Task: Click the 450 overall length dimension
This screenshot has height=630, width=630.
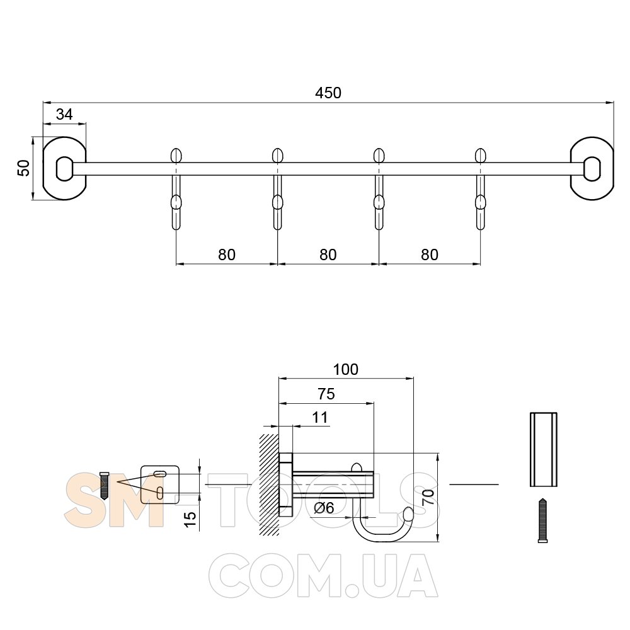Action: pos(328,93)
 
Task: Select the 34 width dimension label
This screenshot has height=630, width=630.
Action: pos(64,115)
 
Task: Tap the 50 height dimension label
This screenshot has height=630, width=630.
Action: pos(23,168)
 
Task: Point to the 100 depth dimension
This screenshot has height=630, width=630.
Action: pos(345,369)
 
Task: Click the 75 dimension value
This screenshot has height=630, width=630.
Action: pos(326,394)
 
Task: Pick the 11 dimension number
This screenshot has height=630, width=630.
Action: pos(320,418)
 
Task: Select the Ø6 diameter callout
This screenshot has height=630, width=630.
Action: pos(324,508)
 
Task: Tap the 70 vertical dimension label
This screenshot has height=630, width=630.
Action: pos(428,498)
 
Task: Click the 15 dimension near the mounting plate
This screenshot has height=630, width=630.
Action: pos(190,521)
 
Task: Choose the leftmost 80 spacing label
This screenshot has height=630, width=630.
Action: pos(227,255)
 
